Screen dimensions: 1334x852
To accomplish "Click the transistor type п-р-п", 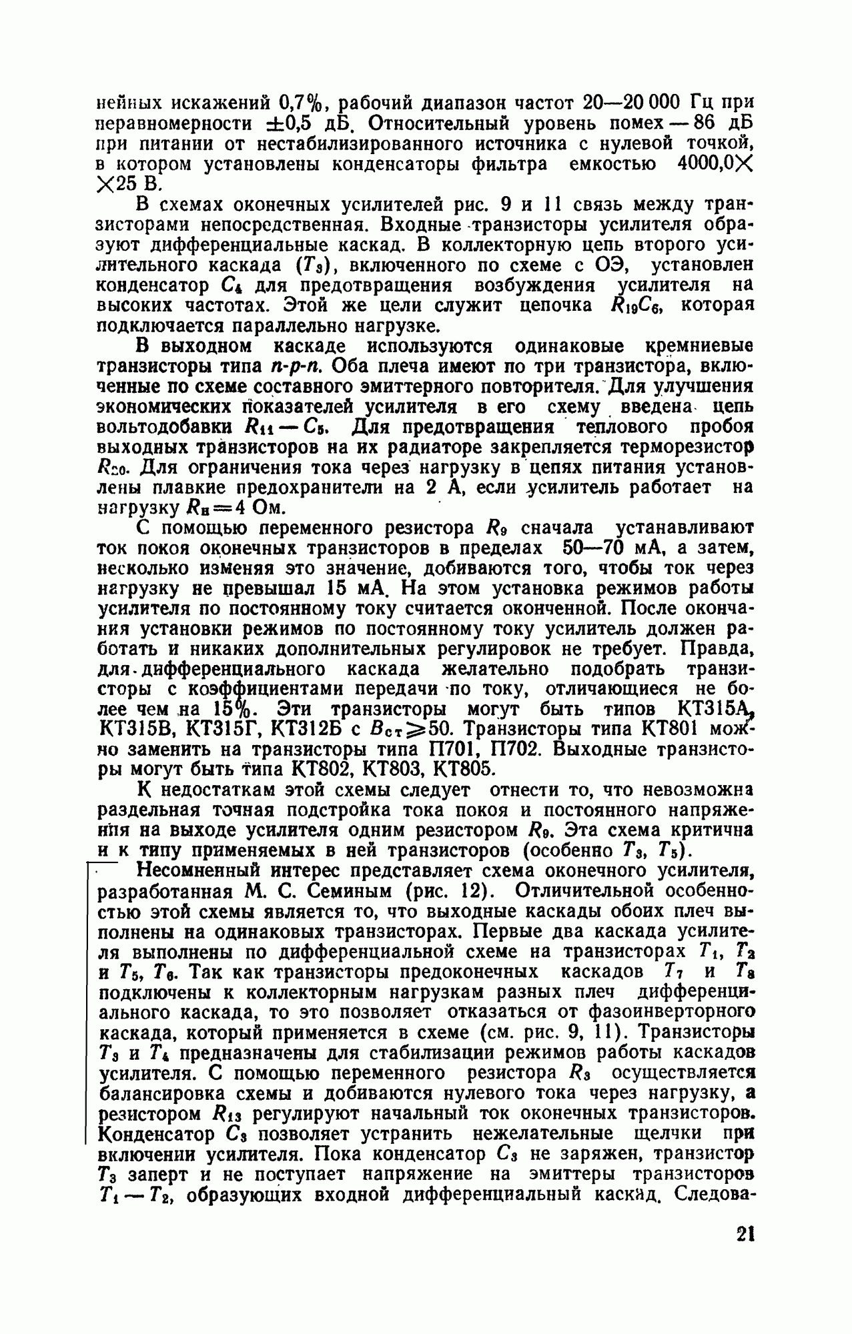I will coord(294,366).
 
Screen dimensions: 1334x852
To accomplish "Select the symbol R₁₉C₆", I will coord(641,306).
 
